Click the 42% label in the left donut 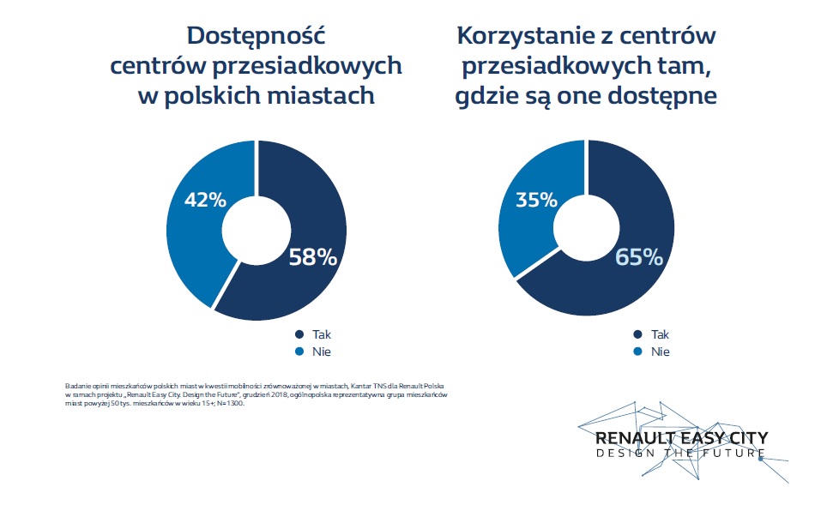206,201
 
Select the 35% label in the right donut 536,201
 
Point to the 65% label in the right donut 640,257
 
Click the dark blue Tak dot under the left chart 299,335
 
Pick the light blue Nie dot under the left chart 299,352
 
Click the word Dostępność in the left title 257,37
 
